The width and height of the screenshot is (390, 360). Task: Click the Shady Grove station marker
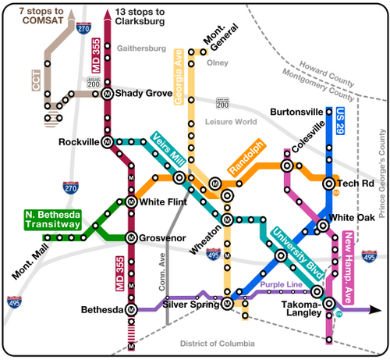pyautogui.click(x=107, y=94)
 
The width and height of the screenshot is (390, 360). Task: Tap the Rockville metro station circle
pyautogui.click(x=107, y=142)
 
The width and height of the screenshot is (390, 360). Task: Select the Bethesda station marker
pyautogui.click(x=131, y=309)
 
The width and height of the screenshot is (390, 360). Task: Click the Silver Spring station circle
pyautogui.click(x=227, y=304)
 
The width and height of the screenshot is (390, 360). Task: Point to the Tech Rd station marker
pyautogui.click(x=329, y=184)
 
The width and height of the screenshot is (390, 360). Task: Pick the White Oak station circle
pyautogui.click(x=323, y=226)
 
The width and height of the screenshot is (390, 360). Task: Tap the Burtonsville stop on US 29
pyautogui.click(x=329, y=112)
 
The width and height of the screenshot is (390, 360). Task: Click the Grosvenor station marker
pyautogui.click(x=131, y=237)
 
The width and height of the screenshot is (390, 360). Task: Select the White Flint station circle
pyautogui.click(x=131, y=201)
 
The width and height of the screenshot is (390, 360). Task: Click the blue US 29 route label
pyautogui.click(x=340, y=121)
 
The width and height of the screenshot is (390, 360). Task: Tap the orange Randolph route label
pyautogui.click(x=246, y=158)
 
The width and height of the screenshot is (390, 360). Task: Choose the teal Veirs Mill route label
pyautogui.click(x=168, y=149)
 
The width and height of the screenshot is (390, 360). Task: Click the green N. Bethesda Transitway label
pyautogui.click(x=53, y=220)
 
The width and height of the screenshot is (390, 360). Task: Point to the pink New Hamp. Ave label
pyautogui.click(x=348, y=268)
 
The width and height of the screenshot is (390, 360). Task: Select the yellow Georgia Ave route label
pyautogui.click(x=179, y=77)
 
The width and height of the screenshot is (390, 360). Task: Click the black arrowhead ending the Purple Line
pyautogui.click(x=375, y=310)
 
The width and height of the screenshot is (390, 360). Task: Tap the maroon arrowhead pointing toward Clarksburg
pyautogui.click(x=107, y=15)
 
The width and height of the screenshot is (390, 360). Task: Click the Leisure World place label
pyautogui.click(x=231, y=122)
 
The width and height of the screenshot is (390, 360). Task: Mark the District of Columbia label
pyautogui.click(x=218, y=344)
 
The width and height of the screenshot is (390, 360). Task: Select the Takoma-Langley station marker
pyautogui.click(x=329, y=304)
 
